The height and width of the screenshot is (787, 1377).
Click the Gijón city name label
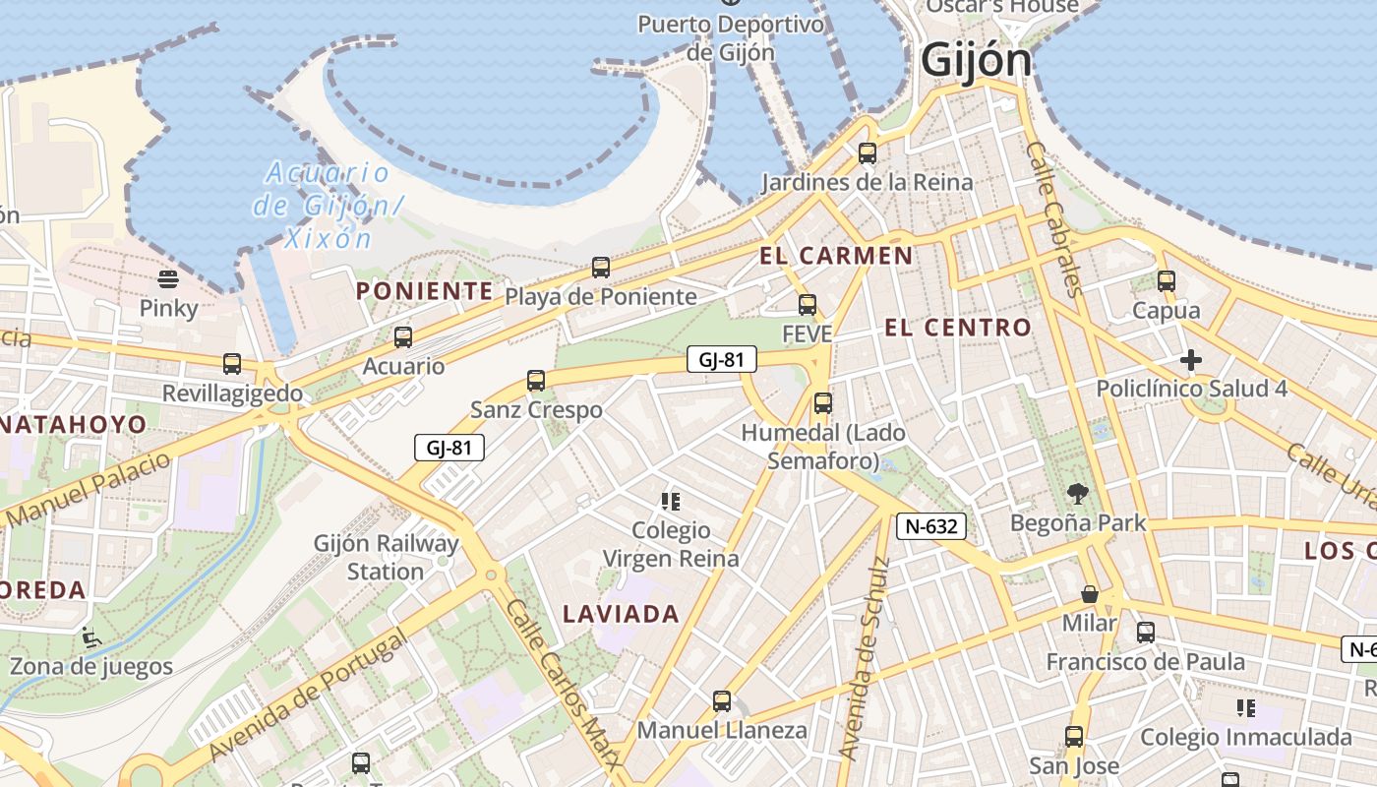977,61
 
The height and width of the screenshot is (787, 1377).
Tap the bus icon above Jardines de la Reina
867,152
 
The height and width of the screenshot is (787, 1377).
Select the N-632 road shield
931,526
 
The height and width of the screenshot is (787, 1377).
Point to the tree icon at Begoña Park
1078,493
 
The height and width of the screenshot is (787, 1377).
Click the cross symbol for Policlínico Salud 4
1191,360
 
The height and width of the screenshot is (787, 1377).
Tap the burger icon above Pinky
168,279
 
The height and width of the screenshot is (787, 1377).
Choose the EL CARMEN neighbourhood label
836,256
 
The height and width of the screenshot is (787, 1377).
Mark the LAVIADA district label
621,615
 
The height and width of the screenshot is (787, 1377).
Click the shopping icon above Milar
1090,594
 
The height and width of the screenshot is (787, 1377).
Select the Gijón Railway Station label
386,557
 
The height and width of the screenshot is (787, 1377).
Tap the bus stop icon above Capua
1167,281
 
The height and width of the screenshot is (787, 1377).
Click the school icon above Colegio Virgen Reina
671,502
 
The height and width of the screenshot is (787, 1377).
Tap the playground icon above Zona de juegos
90,637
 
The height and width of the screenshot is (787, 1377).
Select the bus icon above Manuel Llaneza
722,701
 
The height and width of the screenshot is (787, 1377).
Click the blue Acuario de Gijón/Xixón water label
328,206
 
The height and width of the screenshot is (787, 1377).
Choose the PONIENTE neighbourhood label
424,291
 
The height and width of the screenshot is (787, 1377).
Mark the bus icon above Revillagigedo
232,364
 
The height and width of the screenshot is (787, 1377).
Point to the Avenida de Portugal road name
309,696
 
